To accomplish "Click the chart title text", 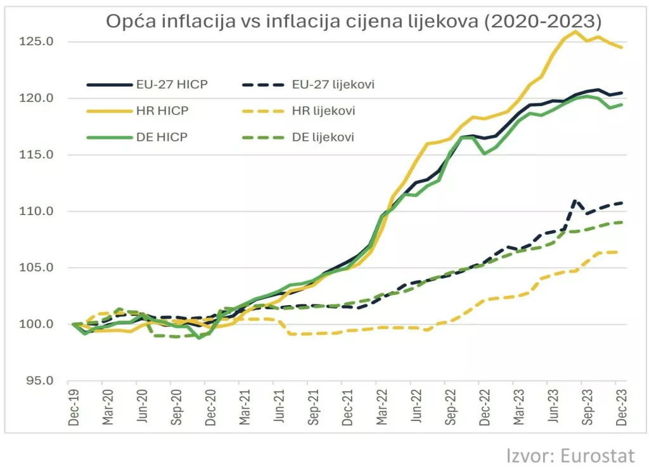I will (353, 21).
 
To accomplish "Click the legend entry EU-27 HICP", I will (172, 84).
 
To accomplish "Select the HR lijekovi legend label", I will (324, 111).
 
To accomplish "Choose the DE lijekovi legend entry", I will (323, 137).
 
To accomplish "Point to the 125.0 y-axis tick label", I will (44, 42).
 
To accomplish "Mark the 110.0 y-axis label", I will (44, 211).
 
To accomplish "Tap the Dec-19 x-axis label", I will (74, 409).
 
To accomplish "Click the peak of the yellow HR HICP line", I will (575, 31).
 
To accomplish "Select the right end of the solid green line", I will (622, 105).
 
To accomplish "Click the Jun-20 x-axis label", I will (143, 409).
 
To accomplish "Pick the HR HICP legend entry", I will (162, 111).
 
